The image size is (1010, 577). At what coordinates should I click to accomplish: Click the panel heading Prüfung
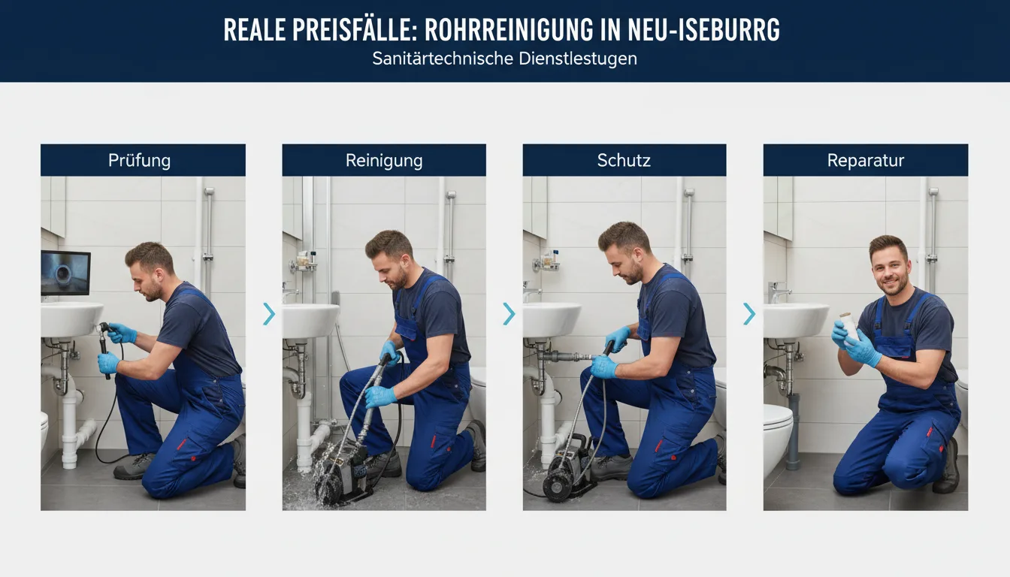click(139, 161)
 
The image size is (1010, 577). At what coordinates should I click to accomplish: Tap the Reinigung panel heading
click(384, 161)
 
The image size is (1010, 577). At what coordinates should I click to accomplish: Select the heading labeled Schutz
click(624, 161)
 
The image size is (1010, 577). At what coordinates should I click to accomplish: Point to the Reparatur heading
click(866, 161)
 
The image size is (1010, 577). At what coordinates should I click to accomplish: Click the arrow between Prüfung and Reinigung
click(269, 314)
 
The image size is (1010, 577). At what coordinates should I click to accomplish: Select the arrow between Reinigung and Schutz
click(509, 314)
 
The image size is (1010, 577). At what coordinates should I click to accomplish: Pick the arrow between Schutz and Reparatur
click(749, 314)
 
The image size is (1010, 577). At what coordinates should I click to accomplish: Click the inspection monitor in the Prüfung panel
click(65, 273)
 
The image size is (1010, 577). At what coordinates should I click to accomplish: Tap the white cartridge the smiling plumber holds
click(848, 326)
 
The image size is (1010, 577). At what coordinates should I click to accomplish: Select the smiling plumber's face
click(891, 269)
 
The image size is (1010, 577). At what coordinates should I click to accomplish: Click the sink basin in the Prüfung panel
click(71, 319)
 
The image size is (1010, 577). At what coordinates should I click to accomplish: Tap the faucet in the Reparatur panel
click(779, 292)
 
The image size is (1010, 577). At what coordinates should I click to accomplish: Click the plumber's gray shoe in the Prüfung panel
click(134, 466)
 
